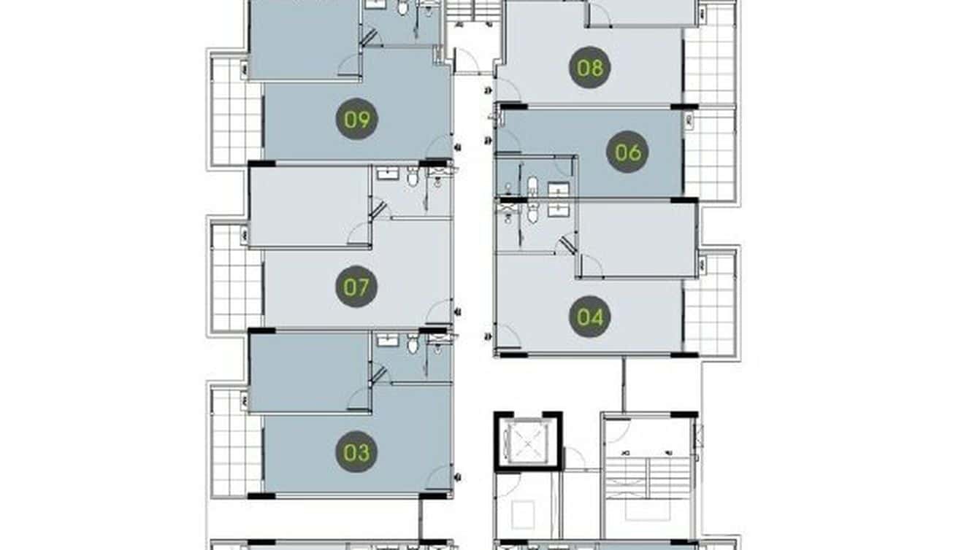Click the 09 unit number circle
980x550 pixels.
point(356,119)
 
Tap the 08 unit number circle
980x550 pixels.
point(589,68)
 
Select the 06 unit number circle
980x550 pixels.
point(627,152)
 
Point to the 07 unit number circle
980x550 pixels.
point(356,287)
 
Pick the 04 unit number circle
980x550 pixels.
point(589,317)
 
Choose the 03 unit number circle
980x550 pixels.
point(356,452)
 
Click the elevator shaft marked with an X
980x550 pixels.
point(528,442)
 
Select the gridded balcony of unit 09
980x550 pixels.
point(235,111)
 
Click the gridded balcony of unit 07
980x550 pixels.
point(235,277)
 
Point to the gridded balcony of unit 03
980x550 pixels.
point(235,442)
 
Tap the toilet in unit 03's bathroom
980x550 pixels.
point(413,343)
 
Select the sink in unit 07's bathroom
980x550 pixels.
point(385,174)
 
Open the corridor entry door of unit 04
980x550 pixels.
point(508,336)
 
